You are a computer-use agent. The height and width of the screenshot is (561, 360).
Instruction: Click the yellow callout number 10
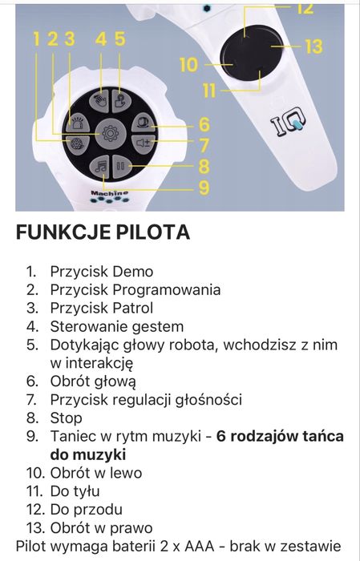tap(188, 63)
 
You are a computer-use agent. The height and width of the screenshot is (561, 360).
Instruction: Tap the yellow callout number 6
tap(204, 124)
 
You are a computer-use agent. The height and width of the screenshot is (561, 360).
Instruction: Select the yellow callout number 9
tap(204, 187)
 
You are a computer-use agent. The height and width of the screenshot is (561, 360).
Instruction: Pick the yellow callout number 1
tap(36, 38)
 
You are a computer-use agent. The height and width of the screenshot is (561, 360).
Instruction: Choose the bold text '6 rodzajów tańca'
tap(280, 437)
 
